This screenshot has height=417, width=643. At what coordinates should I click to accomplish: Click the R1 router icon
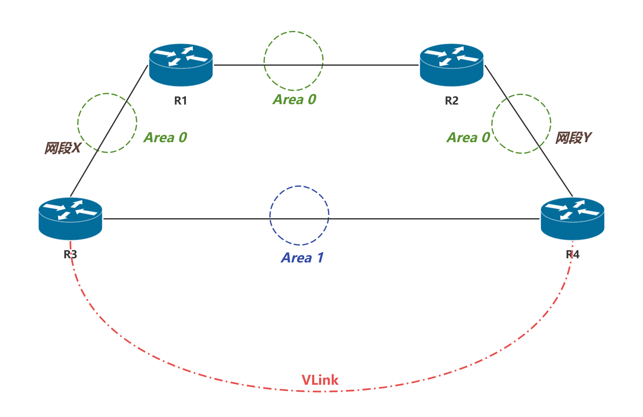(x=181, y=65)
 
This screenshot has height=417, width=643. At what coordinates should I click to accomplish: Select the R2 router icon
(x=451, y=65)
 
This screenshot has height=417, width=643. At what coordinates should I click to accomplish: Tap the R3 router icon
(x=70, y=219)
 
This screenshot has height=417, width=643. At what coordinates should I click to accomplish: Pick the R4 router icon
(x=572, y=219)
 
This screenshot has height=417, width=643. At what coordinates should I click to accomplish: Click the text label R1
(x=181, y=100)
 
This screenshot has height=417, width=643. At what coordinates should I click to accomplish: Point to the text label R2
(x=451, y=100)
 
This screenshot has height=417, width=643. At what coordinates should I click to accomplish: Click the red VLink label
(x=320, y=380)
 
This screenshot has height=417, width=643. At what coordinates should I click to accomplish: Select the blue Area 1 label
(x=302, y=258)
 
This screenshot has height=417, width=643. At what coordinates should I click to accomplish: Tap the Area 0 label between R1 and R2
(x=294, y=100)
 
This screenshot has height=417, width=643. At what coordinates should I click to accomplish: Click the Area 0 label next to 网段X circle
(x=165, y=138)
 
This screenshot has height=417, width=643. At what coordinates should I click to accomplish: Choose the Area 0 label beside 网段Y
(x=468, y=138)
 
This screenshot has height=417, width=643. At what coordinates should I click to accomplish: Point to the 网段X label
(x=63, y=148)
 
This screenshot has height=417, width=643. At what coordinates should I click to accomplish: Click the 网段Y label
(x=573, y=138)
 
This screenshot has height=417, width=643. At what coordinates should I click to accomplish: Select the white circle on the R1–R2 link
(x=294, y=61)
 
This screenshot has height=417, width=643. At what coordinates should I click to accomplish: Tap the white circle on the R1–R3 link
(x=107, y=123)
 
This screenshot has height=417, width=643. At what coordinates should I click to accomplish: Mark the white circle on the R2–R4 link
(x=521, y=124)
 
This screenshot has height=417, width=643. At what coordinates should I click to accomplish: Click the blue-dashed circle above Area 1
(x=299, y=215)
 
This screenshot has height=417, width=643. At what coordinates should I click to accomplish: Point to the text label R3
(x=70, y=254)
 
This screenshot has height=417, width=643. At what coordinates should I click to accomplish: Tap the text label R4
(x=573, y=255)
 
